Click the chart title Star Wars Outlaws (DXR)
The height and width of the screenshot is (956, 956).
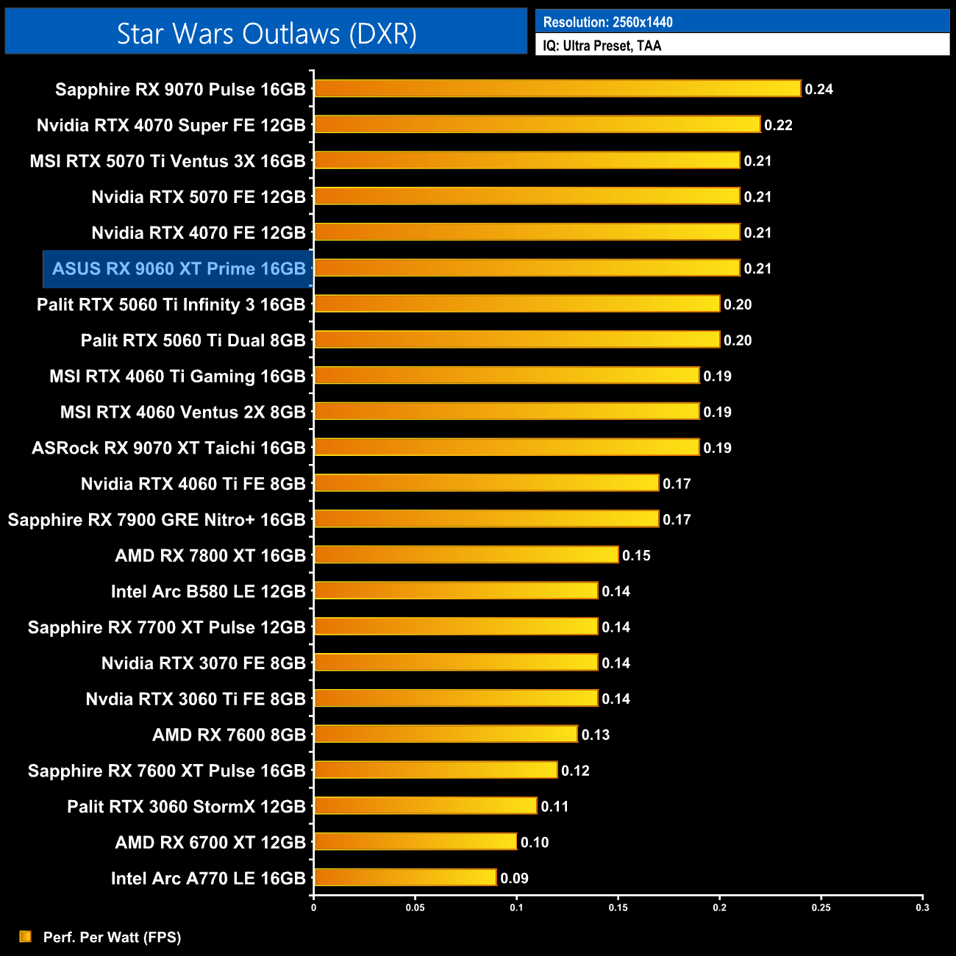[x=266, y=34]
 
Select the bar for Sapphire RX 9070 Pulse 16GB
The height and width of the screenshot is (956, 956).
[x=557, y=89]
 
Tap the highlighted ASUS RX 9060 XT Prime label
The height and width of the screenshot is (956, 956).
[x=179, y=269]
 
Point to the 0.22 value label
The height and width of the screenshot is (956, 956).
[x=778, y=125]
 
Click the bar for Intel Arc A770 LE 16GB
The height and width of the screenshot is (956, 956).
[x=405, y=877]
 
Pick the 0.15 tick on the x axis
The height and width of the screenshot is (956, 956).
[x=618, y=907]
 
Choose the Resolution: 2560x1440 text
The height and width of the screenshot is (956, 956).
[x=607, y=22]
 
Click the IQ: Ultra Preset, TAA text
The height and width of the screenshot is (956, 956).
[x=602, y=46]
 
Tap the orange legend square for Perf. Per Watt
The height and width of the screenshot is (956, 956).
[x=26, y=936]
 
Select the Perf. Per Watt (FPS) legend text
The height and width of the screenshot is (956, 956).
[x=112, y=937]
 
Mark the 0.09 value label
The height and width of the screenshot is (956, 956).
[x=514, y=878]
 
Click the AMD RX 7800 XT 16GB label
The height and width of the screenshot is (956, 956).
[x=210, y=556]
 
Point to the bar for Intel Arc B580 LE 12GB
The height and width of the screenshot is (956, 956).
[x=456, y=591]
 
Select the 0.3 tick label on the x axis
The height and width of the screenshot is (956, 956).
[x=922, y=907]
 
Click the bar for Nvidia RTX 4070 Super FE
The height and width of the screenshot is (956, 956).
[x=537, y=124]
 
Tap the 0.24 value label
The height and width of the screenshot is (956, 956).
[x=818, y=90]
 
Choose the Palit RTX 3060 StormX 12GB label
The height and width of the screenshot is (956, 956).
[x=186, y=807]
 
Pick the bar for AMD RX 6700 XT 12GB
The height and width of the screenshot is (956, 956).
[x=415, y=841]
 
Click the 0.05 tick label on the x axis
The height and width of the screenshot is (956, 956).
[x=415, y=907]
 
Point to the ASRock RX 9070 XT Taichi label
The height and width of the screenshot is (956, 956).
[x=168, y=448]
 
